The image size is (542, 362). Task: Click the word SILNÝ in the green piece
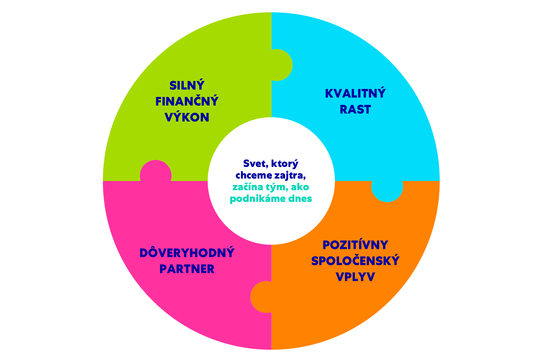[187, 86]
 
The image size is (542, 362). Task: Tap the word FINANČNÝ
[187, 102]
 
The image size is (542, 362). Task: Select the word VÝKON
[187, 117]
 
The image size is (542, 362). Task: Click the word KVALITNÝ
[355, 94]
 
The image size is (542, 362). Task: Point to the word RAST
[355, 110]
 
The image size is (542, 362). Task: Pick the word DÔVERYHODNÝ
[187, 253]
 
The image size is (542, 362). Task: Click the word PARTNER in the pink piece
[187, 269]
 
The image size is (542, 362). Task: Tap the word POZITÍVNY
[355, 245]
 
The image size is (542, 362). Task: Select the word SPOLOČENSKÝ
[355, 261]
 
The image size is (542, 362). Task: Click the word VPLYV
[355, 277]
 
